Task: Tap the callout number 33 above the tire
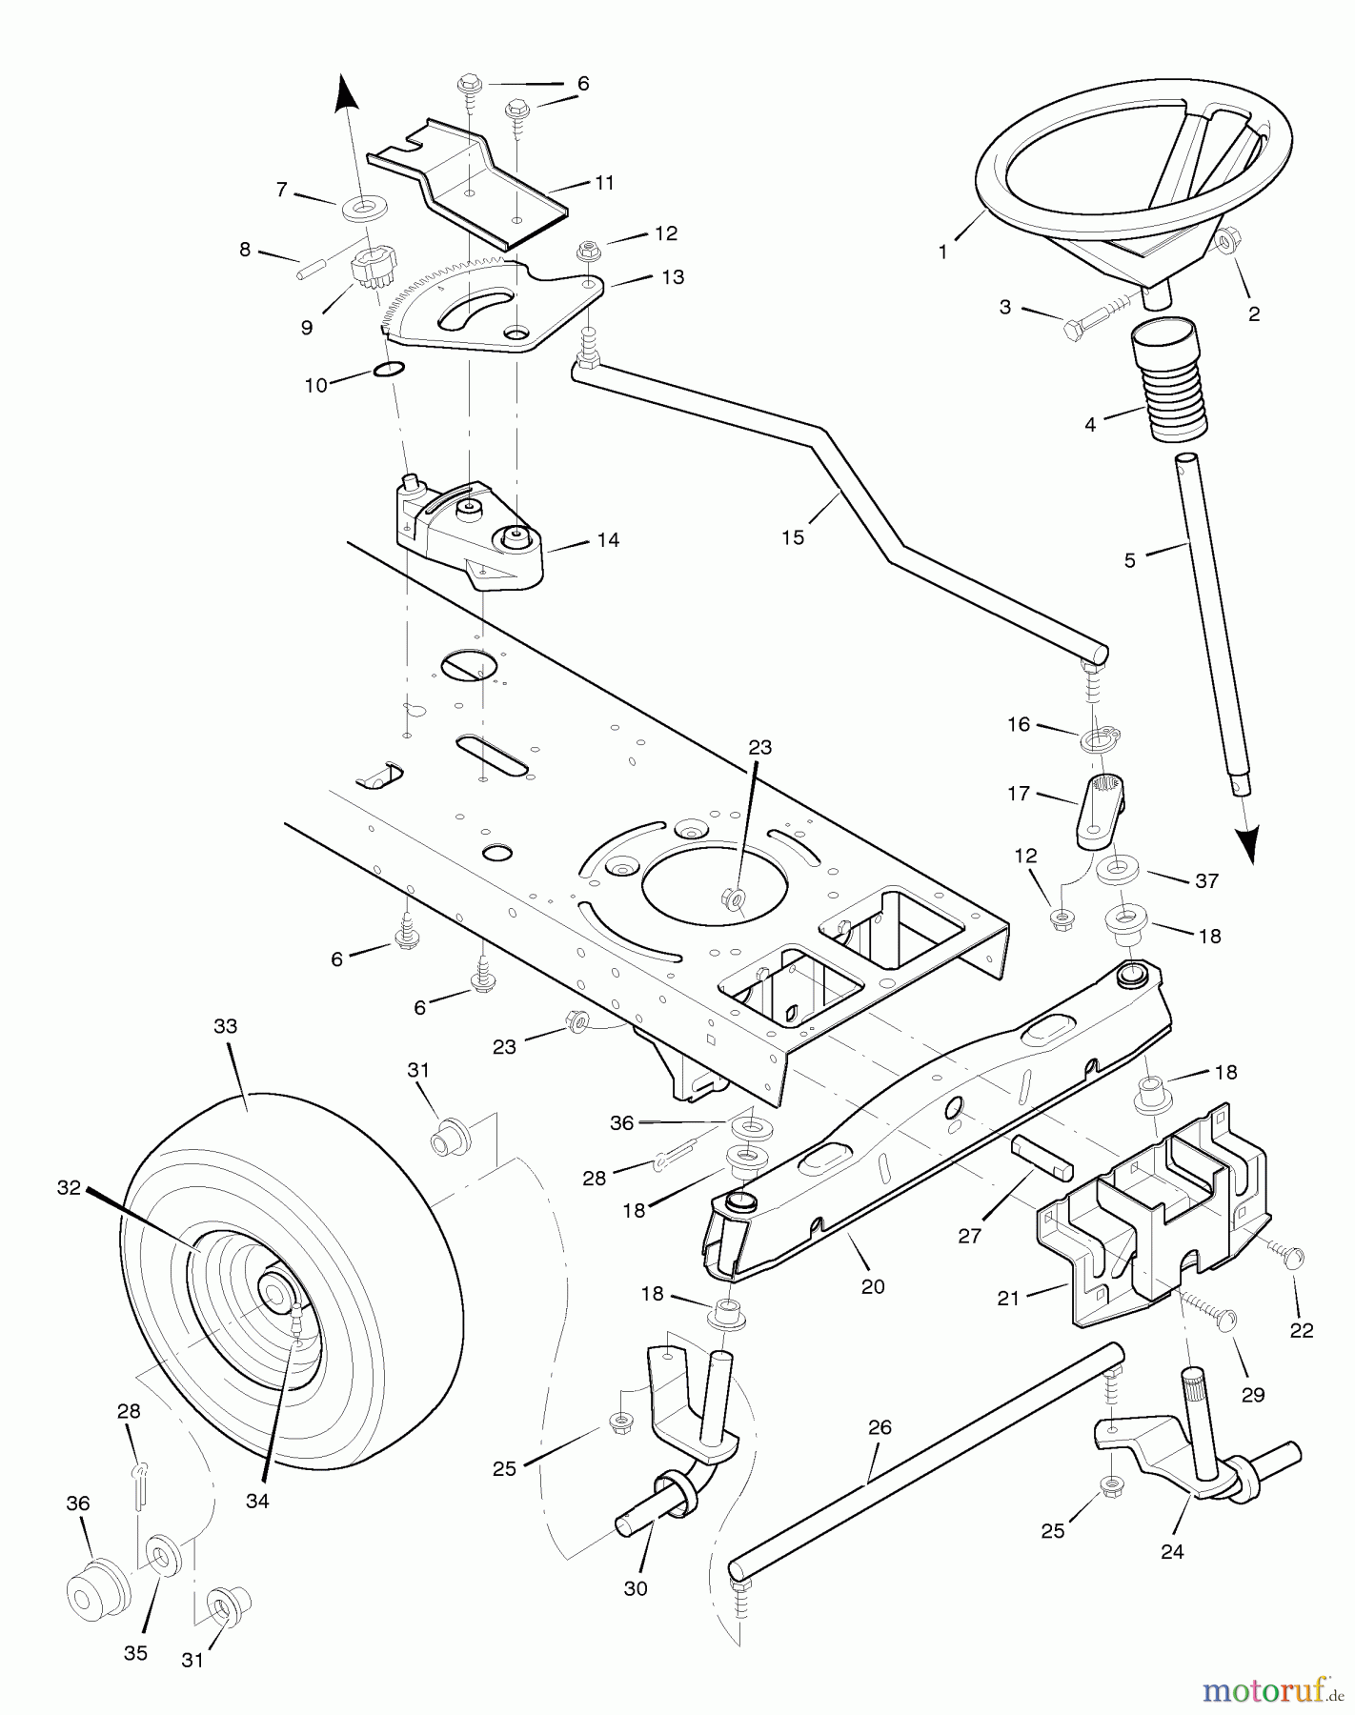225,1027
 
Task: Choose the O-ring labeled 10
388,370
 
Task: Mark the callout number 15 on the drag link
793,537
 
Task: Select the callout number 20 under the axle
872,1286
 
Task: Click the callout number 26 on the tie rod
880,1427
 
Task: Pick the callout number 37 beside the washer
1206,881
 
